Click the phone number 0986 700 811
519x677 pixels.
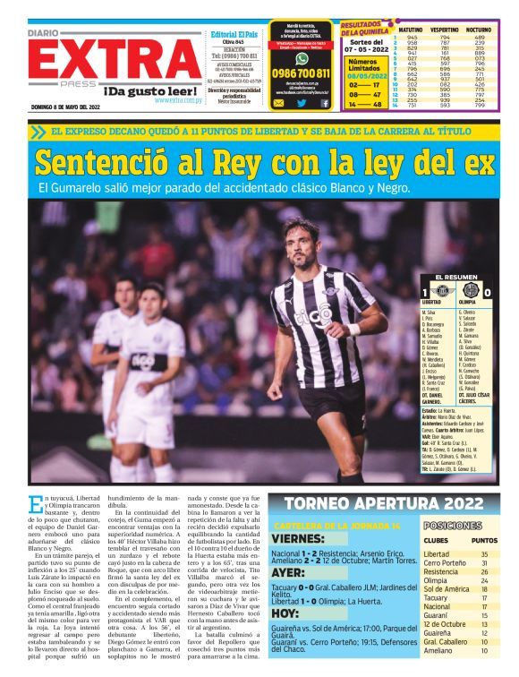301,73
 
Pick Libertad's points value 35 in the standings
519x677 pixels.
484,554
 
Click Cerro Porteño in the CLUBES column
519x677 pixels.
445,566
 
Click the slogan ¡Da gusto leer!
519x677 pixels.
149,90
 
